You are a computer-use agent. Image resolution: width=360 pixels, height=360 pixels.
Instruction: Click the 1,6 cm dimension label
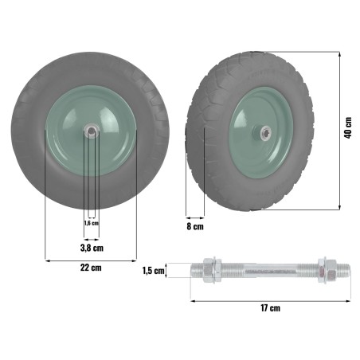pyautogui.click(x=92, y=223)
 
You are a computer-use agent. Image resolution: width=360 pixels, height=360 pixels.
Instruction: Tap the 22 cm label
pyautogui.click(x=92, y=268)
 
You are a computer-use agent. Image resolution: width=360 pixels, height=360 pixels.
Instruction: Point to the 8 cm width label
pyautogui.click(x=194, y=227)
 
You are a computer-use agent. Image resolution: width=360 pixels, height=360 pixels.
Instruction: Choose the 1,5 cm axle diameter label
pyautogui.click(x=153, y=271)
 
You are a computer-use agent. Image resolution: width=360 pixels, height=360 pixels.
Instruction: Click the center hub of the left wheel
pyautogui.click(x=92, y=129)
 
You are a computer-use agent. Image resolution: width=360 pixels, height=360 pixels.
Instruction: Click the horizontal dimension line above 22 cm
pyautogui.click(x=92, y=259)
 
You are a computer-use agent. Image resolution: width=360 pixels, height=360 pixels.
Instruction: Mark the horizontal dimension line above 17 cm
pyautogui.click(x=271, y=300)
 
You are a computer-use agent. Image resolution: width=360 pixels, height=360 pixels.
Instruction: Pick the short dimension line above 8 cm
pyautogui.click(x=194, y=217)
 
